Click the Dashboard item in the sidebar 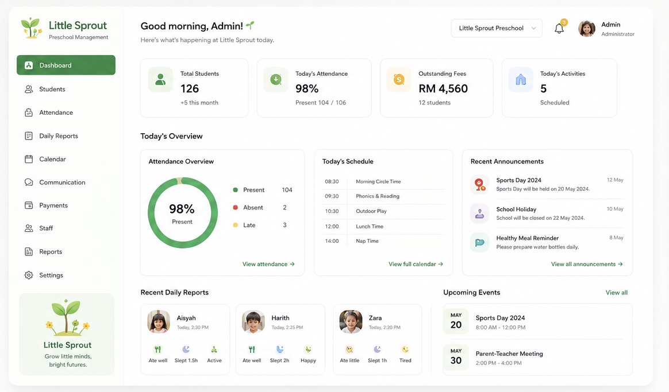(x=66, y=65)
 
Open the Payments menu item (x=53, y=205)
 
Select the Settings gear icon (x=29, y=275)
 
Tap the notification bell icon (x=559, y=29)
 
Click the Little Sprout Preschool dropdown (x=497, y=28)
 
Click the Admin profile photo (x=587, y=29)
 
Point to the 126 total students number (x=190, y=88)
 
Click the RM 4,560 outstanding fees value (x=443, y=88)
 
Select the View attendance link (x=268, y=264)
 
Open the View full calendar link (x=416, y=264)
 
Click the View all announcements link (x=587, y=264)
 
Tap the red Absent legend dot (x=235, y=208)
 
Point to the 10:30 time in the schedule (x=332, y=211)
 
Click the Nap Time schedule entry (x=367, y=241)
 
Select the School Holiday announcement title (x=516, y=209)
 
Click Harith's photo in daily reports (x=253, y=322)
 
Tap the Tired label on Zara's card (x=405, y=360)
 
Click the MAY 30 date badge (x=456, y=357)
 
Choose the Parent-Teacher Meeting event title (x=509, y=354)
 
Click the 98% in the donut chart (x=182, y=209)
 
